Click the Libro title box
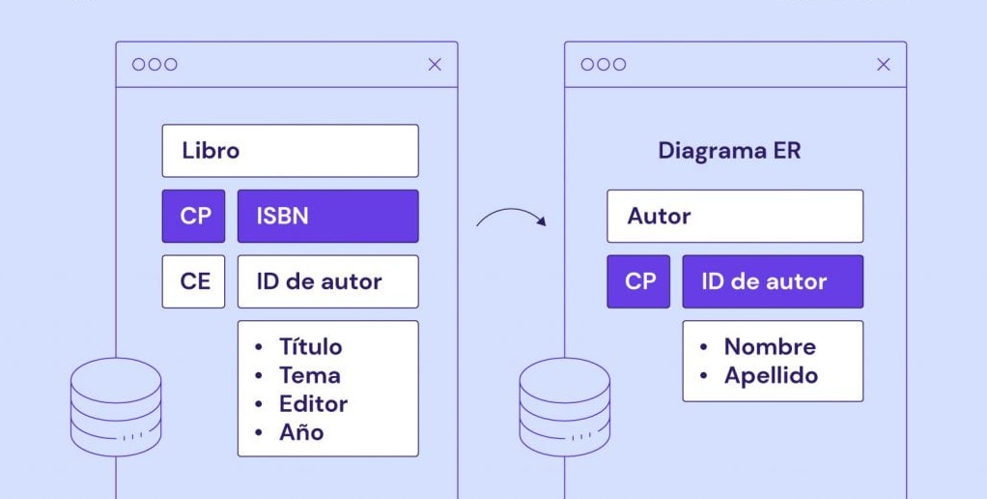290,151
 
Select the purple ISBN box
328,216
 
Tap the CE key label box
193,281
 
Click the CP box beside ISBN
193,216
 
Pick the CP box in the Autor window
638,281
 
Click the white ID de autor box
328,281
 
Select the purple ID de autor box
773,281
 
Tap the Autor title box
735,216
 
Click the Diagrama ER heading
729,151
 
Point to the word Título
311,346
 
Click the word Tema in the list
310,375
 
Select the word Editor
314,404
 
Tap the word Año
301,432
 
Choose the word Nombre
770,346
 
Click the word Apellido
771,375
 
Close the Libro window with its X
435,64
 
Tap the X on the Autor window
883,64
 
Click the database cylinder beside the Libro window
116,407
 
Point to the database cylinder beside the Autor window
565,407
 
